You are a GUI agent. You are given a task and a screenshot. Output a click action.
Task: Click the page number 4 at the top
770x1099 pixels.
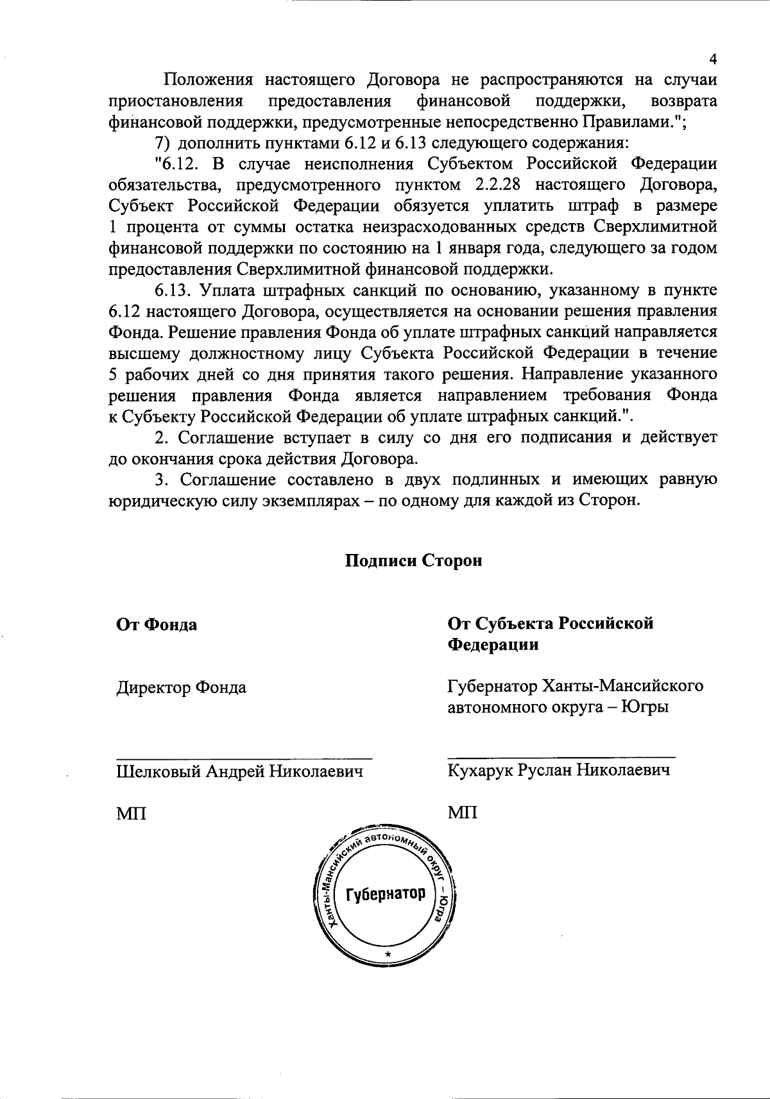[712, 60]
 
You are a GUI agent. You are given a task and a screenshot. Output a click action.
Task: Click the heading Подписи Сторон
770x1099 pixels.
[414, 560]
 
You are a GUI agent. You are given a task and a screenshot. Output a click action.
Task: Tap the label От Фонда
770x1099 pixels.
[156, 625]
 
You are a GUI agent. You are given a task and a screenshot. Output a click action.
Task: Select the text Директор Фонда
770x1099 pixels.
[181, 688]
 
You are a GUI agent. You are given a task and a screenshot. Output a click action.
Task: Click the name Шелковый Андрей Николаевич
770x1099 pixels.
[239, 771]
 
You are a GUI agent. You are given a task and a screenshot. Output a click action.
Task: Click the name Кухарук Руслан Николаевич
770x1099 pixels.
[558, 770]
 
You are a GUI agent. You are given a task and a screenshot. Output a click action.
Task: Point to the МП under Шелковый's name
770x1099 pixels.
[131, 814]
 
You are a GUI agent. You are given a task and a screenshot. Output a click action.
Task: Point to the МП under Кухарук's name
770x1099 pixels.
[462, 813]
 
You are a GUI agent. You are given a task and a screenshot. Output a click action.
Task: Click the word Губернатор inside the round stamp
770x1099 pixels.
[386, 894]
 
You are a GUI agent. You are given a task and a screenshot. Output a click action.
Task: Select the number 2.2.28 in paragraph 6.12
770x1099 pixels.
[499, 185]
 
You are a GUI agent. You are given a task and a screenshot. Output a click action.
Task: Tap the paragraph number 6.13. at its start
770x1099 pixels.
[173, 290]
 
